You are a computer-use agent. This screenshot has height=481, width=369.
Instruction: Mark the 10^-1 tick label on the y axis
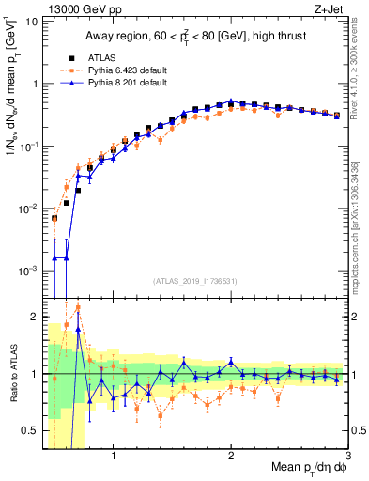(x=27, y=146)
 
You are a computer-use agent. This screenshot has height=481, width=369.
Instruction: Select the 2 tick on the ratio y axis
(x=34, y=317)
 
